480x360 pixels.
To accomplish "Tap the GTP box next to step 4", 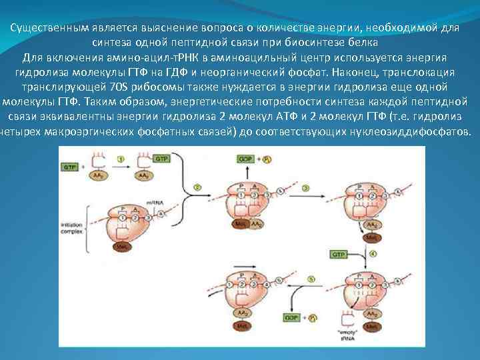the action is tap(339, 254).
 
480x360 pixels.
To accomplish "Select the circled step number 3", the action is tap(305, 189).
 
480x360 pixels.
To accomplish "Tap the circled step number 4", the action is tap(373, 254).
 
